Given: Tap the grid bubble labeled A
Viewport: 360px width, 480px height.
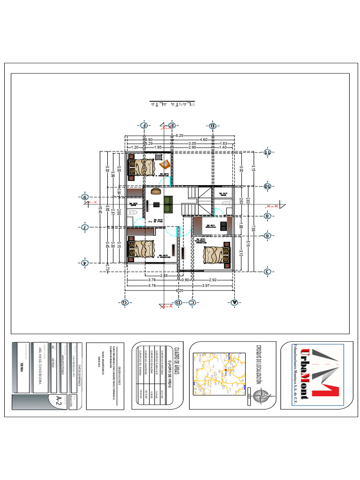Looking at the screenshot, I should pos(234,302).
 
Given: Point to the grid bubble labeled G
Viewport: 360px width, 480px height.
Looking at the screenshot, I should pos(125,302).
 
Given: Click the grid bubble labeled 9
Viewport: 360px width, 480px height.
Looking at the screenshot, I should pos(85,197).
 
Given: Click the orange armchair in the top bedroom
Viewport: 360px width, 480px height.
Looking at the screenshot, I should pos(165,165).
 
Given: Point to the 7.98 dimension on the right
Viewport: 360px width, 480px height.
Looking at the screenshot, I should pos(253,228).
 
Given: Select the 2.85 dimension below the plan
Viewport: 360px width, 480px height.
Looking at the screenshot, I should pos(164,276).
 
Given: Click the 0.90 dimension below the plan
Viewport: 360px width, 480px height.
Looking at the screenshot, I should pos(185,280).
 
